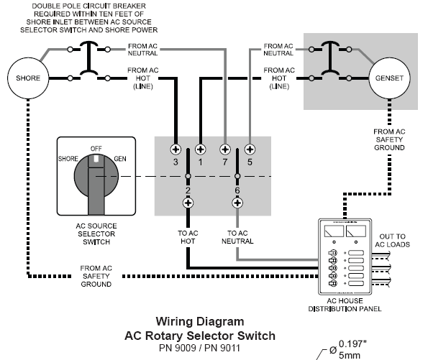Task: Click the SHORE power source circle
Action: click(28, 78)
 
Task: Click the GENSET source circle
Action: click(389, 78)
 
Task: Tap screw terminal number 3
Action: click(176, 149)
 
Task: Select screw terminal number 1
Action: click(201, 149)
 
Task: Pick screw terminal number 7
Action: click(225, 149)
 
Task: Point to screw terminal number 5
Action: click(250, 149)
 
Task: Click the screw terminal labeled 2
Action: click(188, 203)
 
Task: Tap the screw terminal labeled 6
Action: click(237, 203)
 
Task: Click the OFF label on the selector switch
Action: click(96, 149)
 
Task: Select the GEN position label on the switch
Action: click(120, 159)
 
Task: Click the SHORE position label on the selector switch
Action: click(68, 159)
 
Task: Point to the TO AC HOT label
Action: click(188, 237)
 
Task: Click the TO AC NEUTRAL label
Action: click(237, 237)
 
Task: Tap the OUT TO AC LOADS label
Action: click(393, 240)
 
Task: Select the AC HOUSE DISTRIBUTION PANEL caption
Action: click(345, 305)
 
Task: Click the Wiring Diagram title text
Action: click(200, 321)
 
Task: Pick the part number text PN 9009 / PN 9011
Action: click(199, 348)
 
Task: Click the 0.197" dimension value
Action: click(352, 344)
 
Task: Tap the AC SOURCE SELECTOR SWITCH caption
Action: click(96, 234)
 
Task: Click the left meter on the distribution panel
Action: click(334, 231)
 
